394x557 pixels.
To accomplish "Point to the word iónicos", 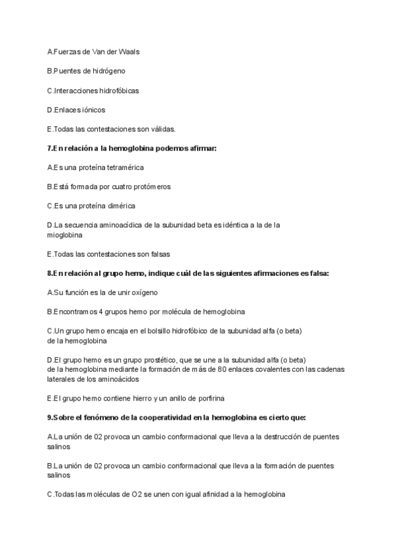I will [x=92, y=110].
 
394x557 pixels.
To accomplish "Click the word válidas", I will [x=160, y=129].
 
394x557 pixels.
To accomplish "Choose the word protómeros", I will [x=151, y=187].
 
